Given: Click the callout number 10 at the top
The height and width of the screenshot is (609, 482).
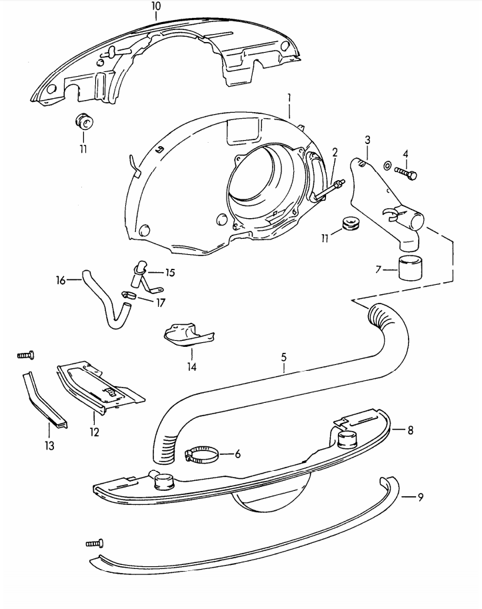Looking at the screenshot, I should point(156,6).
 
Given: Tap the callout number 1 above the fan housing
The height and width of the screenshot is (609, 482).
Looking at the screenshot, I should point(289,98).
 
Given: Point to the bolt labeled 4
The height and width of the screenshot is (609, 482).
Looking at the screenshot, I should point(407,172).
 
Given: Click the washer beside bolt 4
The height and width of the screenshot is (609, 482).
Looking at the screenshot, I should point(388,165).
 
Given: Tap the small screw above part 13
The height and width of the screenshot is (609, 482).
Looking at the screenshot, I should point(25,356).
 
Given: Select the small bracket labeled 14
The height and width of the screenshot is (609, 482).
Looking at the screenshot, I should point(189,333).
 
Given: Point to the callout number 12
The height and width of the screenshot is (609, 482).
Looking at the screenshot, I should point(94,432).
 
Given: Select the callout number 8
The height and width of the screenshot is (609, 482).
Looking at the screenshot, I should point(410,430).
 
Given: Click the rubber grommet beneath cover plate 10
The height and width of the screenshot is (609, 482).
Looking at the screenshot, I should point(84,123).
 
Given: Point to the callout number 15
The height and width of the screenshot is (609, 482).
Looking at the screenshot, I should point(170,273).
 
